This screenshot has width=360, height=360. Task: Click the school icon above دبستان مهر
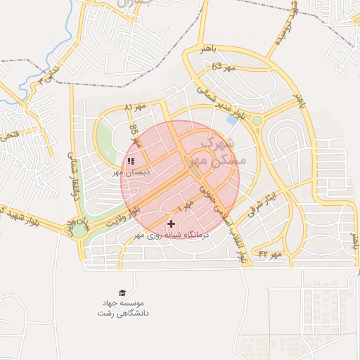pyautogui.click(x=131, y=161)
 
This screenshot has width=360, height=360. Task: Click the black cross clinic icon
pyautogui.click(x=171, y=224)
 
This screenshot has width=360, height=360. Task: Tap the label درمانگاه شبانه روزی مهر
pyautogui.click(x=172, y=236)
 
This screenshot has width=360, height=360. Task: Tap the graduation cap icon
pyautogui.click(x=123, y=292)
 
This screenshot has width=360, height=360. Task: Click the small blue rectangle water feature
pyautogui.click(x=232, y=120)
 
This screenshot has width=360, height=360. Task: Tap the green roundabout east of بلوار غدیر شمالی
pyautogui.click(x=257, y=121)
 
